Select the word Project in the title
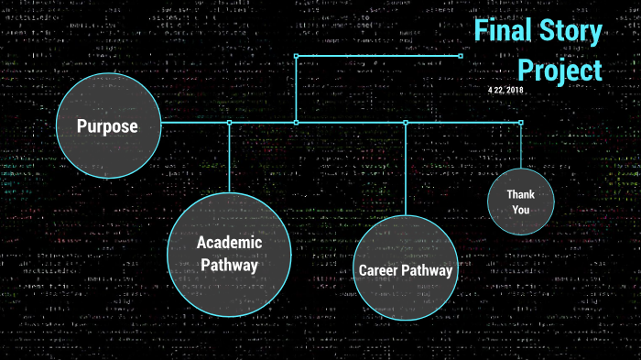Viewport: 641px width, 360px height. click(x=560, y=71)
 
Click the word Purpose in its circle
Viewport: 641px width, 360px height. click(x=107, y=126)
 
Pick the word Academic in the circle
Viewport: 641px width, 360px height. click(x=229, y=243)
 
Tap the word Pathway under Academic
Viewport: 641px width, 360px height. click(x=229, y=265)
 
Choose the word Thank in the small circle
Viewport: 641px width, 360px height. click(x=519, y=194)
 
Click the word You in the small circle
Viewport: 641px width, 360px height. click(x=520, y=210)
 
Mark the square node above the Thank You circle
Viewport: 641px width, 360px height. click(x=520, y=122)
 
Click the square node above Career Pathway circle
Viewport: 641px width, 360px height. click(x=405, y=122)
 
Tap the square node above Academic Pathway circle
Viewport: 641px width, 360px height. click(x=229, y=122)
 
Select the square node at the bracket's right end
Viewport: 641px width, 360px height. click(x=460, y=56)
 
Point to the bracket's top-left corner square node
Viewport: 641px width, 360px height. click(x=296, y=56)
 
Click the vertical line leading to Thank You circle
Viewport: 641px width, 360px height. click(x=520, y=147)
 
